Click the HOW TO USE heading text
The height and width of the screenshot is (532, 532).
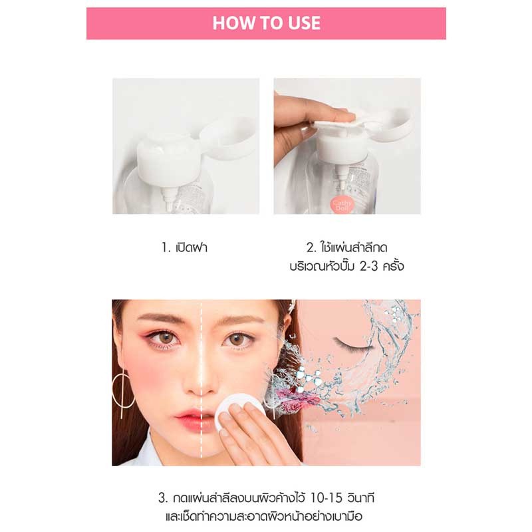click(x=267, y=23)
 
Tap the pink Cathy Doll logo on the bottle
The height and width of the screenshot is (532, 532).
click(x=342, y=205)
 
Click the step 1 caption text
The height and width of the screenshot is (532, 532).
click(x=184, y=247)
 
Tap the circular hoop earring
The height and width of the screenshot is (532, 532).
click(x=122, y=390)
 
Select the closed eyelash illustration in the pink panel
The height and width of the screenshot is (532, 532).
click(x=353, y=344)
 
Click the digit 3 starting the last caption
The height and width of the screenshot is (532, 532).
click(x=162, y=498)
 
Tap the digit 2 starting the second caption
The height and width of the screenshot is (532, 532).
click(x=310, y=247)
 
